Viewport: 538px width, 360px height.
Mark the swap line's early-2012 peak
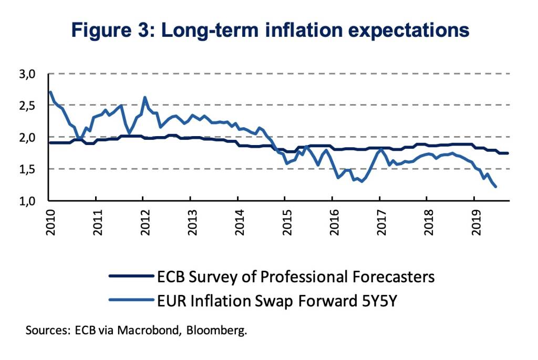pos(144,97)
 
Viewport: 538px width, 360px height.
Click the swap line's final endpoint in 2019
pos(495,187)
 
